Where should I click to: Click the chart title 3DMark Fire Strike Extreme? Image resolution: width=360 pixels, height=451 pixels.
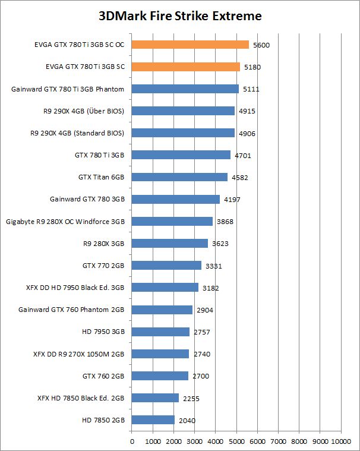[x=180, y=16]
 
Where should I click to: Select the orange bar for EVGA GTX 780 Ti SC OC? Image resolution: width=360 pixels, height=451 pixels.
[x=190, y=45]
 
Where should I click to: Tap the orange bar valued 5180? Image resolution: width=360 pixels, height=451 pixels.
[x=185, y=67]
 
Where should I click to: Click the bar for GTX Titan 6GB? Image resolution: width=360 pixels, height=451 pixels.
[x=179, y=177]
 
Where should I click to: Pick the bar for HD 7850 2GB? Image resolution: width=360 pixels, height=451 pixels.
[x=153, y=420]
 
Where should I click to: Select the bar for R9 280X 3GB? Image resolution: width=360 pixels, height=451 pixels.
[x=169, y=243]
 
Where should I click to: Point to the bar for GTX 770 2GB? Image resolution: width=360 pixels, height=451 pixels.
[x=166, y=265]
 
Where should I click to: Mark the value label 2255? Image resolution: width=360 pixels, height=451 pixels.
[x=190, y=399]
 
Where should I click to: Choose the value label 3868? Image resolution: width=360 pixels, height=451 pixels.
[x=225, y=222]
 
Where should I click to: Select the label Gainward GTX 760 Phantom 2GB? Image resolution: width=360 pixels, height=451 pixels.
[x=71, y=310]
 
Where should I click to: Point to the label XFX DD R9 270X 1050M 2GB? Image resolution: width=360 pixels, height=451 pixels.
[x=78, y=354]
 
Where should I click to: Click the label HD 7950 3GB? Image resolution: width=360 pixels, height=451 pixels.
[x=103, y=332]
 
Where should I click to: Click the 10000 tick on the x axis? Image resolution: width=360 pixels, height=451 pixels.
[x=341, y=441]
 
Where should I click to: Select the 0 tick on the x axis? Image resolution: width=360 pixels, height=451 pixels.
[x=132, y=441]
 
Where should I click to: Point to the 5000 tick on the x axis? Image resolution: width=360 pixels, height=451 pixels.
[x=236, y=441]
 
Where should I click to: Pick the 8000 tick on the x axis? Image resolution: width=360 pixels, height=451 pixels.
[x=299, y=441]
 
